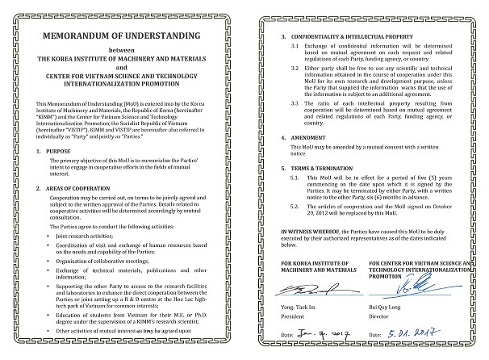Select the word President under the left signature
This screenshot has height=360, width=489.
[297, 328]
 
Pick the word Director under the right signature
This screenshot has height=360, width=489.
[382, 327]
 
